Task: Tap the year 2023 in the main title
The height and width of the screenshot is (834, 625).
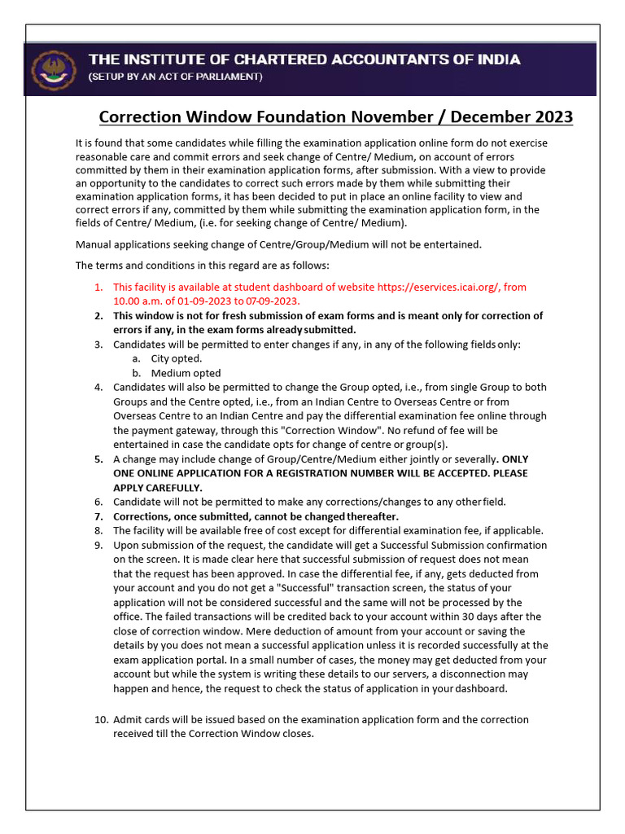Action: click(553, 117)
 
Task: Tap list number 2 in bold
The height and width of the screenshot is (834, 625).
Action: click(98, 315)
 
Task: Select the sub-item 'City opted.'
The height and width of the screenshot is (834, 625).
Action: click(177, 358)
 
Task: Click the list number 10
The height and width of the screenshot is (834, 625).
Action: click(101, 719)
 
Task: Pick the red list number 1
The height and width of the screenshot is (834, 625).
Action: click(98, 287)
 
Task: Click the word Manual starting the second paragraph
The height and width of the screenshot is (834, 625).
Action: click(94, 244)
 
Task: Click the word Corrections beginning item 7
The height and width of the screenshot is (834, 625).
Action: click(145, 516)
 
